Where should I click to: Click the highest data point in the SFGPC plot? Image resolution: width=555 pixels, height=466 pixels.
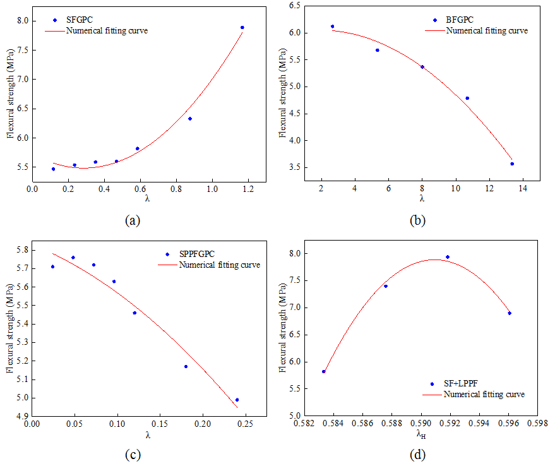[242, 27]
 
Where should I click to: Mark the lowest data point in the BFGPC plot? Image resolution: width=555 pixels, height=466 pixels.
[512, 164]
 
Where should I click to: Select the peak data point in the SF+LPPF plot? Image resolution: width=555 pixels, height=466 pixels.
[448, 257]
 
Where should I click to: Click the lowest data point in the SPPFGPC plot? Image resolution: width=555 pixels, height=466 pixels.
[237, 400]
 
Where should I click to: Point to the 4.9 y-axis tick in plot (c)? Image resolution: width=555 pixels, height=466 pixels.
[21, 416]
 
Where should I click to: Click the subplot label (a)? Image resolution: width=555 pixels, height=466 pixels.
[133, 220]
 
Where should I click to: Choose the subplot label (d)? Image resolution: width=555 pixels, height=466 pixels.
[418, 453]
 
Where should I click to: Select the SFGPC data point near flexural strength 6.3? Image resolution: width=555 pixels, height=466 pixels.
[189, 119]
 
